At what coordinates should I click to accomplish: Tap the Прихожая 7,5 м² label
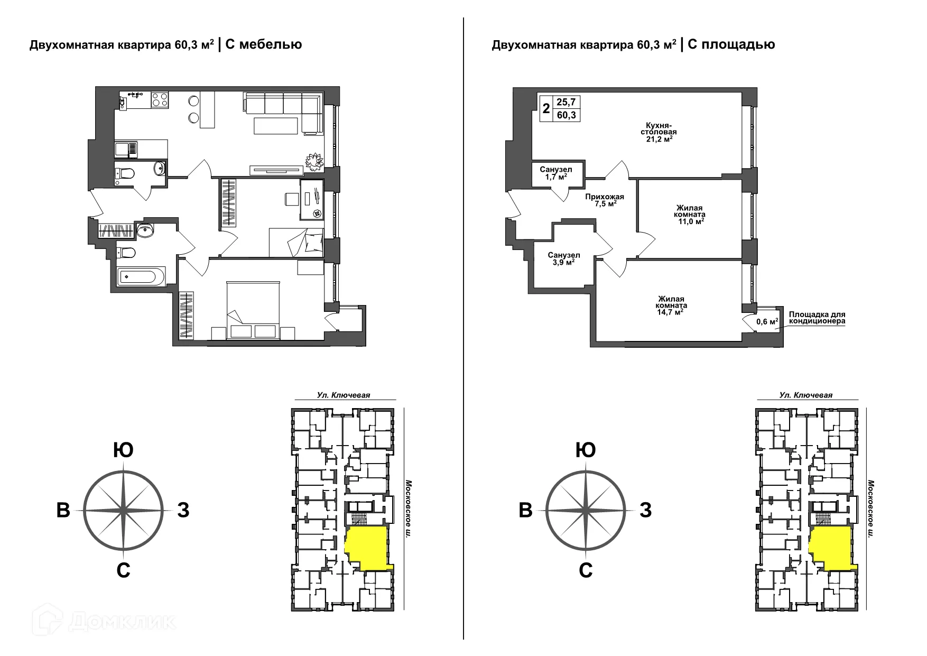point(601,200)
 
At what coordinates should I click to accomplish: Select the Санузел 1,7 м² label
point(556,173)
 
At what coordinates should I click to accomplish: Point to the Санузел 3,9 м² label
point(564,258)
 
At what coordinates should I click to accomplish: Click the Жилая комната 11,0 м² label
point(690,215)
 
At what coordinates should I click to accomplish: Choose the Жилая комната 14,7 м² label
point(671,305)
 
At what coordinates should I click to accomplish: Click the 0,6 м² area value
point(767,321)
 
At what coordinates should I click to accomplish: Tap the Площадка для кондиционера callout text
point(817,317)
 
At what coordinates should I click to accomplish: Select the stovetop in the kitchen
point(160,100)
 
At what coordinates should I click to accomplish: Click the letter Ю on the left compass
point(123,450)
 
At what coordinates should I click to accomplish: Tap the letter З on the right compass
point(645,511)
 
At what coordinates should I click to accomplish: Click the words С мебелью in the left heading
point(264,44)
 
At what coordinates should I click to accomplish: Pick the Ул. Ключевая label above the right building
point(806,395)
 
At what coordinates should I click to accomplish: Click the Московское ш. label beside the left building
point(407,509)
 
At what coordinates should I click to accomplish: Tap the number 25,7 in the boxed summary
point(566,102)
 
